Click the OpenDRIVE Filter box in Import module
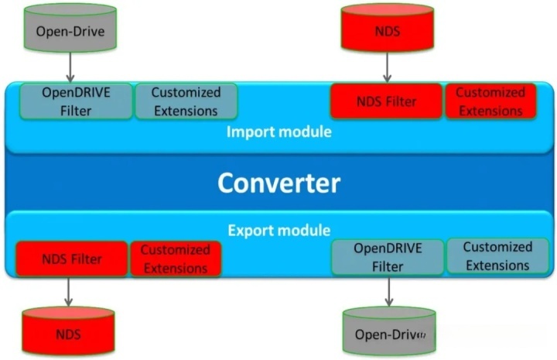[x=75, y=101]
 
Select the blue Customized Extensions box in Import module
[x=186, y=101]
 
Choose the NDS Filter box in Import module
[x=386, y=101]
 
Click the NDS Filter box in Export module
[x=71, y=259]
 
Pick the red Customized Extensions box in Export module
[x=175, y=259]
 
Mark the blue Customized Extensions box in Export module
[x=498, y=256]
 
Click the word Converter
[x=278, y=183]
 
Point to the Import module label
[x=278, y=132]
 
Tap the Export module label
[x=278, y=230]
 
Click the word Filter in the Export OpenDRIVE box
[x=387, y=266]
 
